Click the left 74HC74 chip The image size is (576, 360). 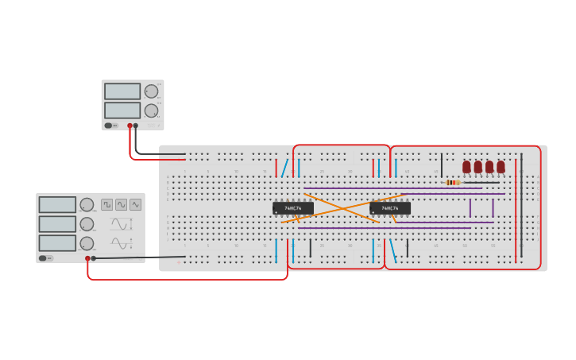[292, 208]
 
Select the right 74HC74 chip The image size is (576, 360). [389, 208]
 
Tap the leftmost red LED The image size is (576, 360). [466, 167]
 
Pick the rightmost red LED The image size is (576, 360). [501, 167]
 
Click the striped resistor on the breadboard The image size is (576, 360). [452, 182]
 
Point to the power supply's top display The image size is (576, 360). [122, 91]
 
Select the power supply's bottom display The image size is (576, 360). [122, 110]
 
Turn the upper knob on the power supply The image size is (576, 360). [151, 91]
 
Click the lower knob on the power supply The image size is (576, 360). [151, 110]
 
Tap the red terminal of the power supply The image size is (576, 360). [130, 126]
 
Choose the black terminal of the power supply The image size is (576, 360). [136, 126]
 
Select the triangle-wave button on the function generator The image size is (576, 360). [136, 204]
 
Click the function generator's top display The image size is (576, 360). [57, 205]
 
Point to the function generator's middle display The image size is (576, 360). [57, 224]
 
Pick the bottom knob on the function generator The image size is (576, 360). [87, 243]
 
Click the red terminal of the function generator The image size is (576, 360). [87, 258]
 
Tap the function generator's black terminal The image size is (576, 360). [94, 258]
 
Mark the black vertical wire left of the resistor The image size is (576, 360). [442, 165]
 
